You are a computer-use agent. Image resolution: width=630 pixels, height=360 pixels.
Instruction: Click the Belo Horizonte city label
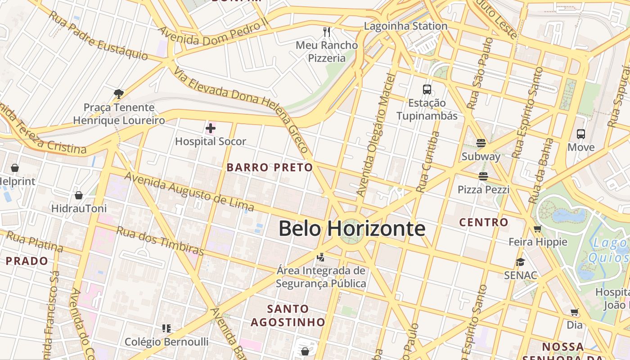[x=351, y=229]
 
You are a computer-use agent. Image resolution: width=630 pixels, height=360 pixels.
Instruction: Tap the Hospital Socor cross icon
[x=210, y=129]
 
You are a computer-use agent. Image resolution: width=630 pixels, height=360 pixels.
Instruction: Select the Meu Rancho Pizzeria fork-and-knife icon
[x=327, y=32]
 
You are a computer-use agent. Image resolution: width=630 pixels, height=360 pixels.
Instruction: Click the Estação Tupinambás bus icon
[x=427, y=90]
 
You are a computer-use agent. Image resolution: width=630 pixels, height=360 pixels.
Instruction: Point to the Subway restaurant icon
[x=481, y=144]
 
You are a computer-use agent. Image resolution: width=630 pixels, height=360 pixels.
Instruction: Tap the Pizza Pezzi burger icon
[x=483, y=176]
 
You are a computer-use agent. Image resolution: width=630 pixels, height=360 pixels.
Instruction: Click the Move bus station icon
[x=581, y=134]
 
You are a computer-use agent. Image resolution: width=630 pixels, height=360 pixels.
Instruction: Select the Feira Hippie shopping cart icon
[x=537, y=229]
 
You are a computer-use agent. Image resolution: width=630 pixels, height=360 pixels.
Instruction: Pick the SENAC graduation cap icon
[x=520, y=262]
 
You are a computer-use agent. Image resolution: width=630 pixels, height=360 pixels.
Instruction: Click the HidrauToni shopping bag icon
[x=79, y=195]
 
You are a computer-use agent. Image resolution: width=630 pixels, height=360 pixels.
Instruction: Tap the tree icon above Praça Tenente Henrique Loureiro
[x=119, y=94]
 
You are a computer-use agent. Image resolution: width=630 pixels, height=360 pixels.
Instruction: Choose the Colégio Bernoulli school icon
[x=166, y=328]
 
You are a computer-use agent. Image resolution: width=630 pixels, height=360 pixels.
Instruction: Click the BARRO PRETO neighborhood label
[x=270, y=168]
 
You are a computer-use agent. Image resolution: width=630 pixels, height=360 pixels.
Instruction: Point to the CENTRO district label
[x=483, y=222]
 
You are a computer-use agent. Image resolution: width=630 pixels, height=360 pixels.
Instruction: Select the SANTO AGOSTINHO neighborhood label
[x=288, y=315]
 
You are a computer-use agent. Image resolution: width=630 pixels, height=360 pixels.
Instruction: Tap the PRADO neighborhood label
[x=27, y=261]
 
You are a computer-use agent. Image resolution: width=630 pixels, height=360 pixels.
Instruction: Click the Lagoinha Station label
[x=405, y=26]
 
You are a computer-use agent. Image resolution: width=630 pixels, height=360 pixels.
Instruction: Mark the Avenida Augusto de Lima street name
[x=189, y=192]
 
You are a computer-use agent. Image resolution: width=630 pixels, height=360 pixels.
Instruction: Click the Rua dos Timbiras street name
[x=160, y=240]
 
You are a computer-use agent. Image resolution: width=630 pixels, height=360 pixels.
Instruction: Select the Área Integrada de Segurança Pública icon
[x=321, y=257]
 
